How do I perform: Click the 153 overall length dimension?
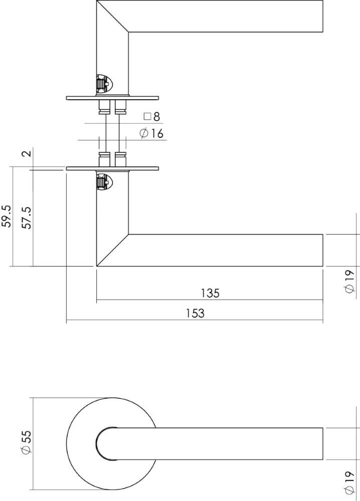[195, 313]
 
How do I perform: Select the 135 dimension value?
[210, 293]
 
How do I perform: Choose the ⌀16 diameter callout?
[151, 133]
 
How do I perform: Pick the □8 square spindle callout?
[151, 117]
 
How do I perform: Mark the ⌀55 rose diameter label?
[27, 443]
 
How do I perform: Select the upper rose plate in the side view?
[112, 98]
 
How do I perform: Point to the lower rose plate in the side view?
[112, 168]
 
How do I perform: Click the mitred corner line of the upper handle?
[112, 18]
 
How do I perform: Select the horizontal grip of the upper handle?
[226, 17]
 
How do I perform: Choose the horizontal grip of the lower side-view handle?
[226, 250]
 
